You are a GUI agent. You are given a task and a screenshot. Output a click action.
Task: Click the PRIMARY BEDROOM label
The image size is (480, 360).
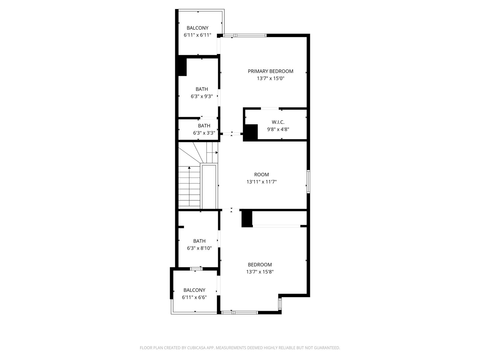click(270, 71)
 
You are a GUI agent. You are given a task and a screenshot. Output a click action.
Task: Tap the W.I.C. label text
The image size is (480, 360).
click(278, 122)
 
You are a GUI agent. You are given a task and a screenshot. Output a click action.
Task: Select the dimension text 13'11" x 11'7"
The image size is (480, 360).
click(262, 181)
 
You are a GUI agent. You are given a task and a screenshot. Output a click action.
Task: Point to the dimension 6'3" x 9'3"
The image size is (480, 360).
click(202, 96)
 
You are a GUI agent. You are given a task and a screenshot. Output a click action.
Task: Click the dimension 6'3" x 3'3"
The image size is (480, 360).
click(204, 133)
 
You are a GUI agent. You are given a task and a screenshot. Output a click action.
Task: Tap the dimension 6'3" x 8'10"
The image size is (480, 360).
click(199, 248)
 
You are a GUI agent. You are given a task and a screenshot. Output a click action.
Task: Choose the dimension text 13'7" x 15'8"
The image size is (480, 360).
click(260, 272)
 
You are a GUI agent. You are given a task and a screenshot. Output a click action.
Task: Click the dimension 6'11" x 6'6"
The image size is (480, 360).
click(194, 297)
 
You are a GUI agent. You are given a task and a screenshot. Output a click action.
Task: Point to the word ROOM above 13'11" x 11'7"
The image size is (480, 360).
click(262, 175)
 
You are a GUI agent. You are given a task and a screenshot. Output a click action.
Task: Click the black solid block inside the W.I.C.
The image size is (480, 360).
click(250, 132)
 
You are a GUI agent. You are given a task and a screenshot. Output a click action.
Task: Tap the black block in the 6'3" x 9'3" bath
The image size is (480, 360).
click(183, 67)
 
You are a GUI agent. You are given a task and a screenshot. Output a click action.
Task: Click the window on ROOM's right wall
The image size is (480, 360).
click(308, 181)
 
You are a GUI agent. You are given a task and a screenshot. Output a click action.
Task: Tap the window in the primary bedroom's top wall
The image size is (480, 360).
click(244, 35)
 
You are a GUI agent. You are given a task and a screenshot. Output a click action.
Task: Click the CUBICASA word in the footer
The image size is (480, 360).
click(196, 348)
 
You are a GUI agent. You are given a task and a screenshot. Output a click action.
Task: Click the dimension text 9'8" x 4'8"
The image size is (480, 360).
click(278, 129)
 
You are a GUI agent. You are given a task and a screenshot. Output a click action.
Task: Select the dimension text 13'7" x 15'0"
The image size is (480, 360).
click(271, 78)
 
